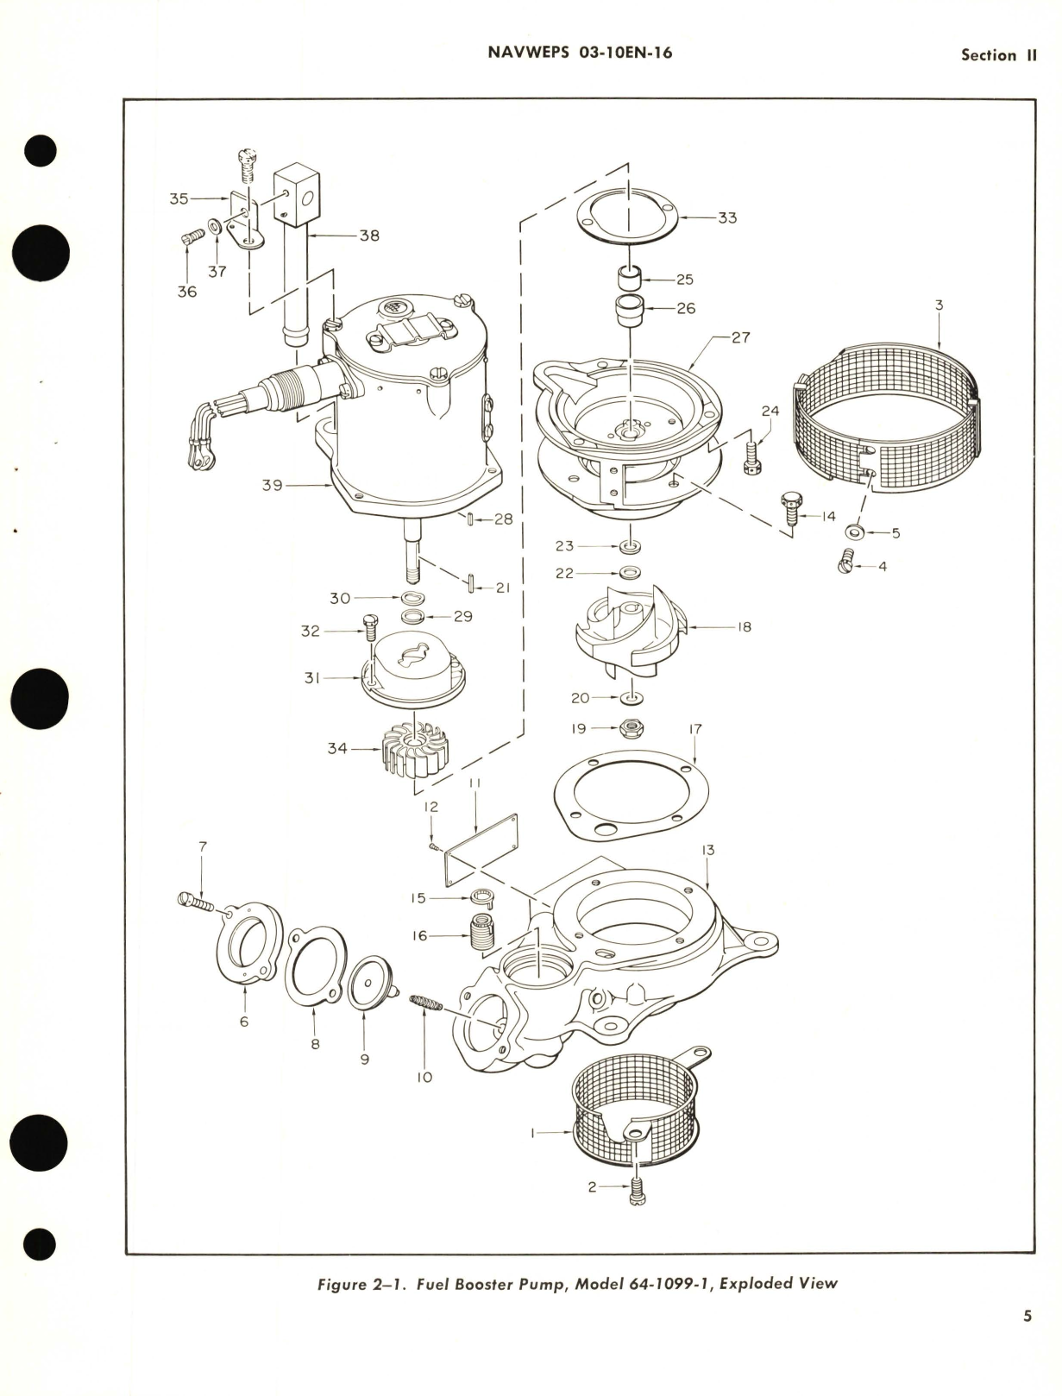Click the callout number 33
(x=727, y=217)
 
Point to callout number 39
(x=273, y=487)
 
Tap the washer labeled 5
(x=855, y=532)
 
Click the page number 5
(x=1027, y=1317)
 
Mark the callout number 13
(x=707, y=851)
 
